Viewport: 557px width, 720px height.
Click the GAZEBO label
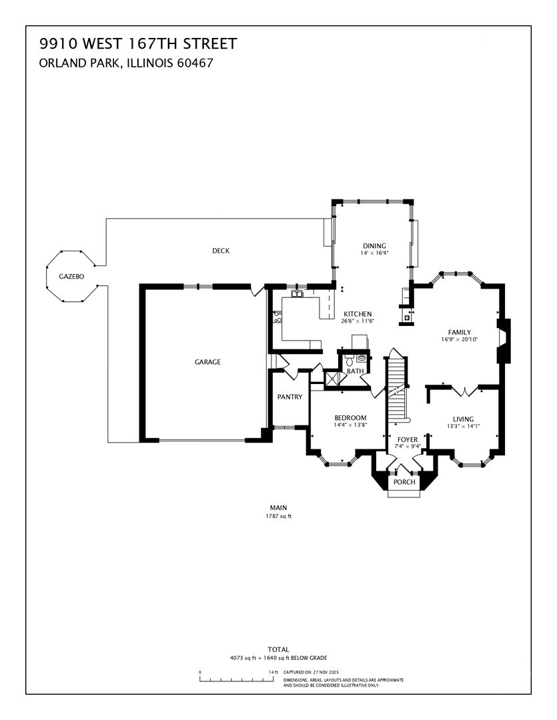(71, 276)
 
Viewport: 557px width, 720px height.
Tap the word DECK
(221, 251)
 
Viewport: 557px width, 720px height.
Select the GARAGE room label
(207, 362)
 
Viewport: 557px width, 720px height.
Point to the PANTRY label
(290, 397)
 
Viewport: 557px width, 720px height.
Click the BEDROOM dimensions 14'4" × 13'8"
(350, 425)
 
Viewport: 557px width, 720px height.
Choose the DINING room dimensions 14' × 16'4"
(374, 253)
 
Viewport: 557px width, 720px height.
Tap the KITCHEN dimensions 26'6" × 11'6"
(358, 321)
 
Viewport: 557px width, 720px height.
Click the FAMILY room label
(460, 332)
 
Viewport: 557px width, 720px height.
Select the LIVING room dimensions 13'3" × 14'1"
(464, 426)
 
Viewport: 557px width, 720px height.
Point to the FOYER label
(408, 440)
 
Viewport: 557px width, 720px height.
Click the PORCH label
(404, 482)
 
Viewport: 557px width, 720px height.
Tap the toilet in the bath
(361, 358)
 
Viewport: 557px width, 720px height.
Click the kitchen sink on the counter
(297, 293)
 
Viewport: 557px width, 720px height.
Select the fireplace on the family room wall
(505, 341)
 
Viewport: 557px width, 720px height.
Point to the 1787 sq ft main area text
(278, 516)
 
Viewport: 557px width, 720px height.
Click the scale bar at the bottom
(238, 679)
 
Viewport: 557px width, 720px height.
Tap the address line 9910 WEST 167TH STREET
(138, 45)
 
